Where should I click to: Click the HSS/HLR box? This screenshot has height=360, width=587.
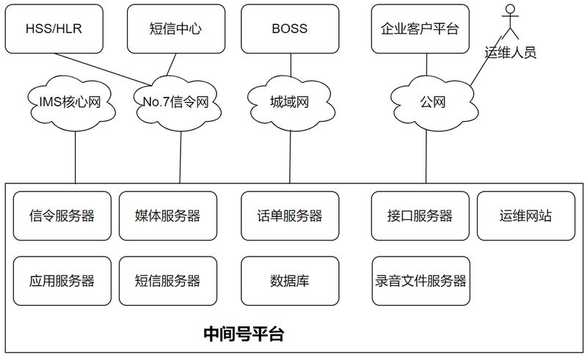point(54,29)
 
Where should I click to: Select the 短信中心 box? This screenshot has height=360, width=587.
point(176,29)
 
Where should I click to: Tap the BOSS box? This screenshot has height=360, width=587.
point(290,29)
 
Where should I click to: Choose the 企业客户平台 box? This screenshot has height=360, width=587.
point(420,29)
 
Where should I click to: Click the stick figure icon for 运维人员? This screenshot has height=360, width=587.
point(510,22)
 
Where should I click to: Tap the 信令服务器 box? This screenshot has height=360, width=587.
point(62,216)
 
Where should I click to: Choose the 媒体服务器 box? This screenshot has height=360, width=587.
point(168,216)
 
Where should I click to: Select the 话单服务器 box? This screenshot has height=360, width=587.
point(290,216)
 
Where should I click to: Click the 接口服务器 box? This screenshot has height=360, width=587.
point(420,216)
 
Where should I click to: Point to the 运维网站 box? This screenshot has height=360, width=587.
point(526,216)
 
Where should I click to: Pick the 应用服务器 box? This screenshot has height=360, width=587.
point(62,281)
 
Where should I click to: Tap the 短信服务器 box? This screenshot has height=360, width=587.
point(168,281)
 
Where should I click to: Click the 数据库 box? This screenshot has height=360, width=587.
point(290,281)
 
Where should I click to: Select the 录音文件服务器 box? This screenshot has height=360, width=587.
point(420,281)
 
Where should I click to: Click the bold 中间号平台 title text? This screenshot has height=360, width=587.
point(244,334)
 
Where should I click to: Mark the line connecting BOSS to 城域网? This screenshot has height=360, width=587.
point(291,65)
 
